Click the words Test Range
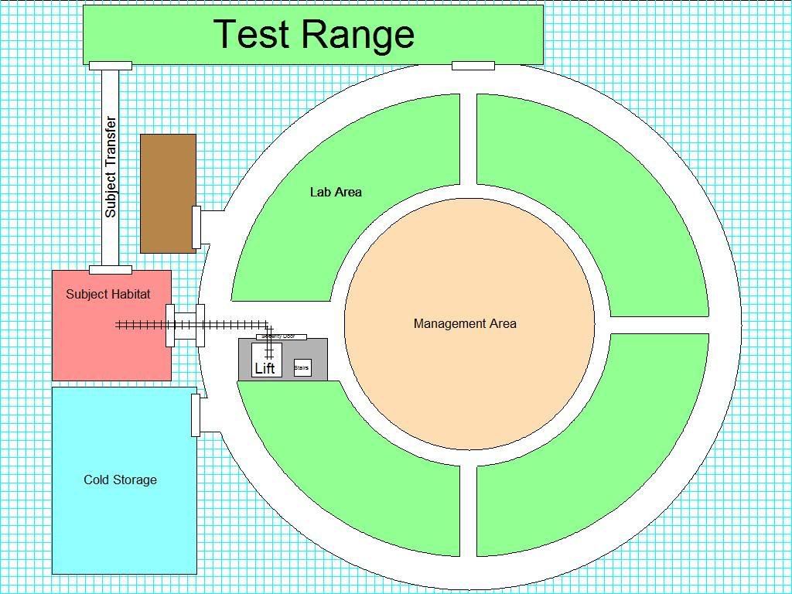(x=313, y=34)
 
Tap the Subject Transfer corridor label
(x=111, y=166)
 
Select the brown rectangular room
(x=167, y=193)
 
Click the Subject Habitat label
(x=108, y=294)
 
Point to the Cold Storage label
(x=120, y=480)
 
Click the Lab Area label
(x=336, y=192)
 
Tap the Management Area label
(x=465, y=323)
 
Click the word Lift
(x=265, y=368)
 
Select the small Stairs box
(x=302, y=368)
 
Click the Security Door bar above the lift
(x=281, y=336)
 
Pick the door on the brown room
(x=196, y=227)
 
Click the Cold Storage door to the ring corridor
(x=196, y=415)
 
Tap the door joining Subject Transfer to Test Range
(x=110, y=66)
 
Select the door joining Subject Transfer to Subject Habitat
(x=110, y=270)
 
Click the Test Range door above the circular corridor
(x=473, y=66)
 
